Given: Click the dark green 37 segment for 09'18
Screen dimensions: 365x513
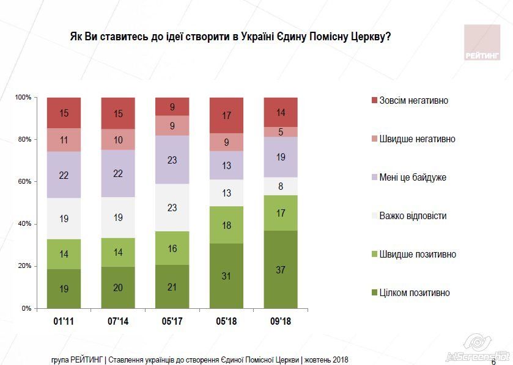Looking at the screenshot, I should click(x=281, y=269).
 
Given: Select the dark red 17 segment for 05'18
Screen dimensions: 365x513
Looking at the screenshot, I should click(x=226, y=115).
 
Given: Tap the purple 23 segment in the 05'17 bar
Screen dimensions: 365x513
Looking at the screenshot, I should click(x=172, y=159).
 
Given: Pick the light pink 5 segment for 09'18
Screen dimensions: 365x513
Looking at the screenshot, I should click(x=281, y=132).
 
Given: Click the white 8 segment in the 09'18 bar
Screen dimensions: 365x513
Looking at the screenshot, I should click(x=281, y=186).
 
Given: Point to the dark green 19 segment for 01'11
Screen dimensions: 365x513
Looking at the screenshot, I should click(x=64, y=289).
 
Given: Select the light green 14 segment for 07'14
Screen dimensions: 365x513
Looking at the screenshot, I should click(x=118, y=252).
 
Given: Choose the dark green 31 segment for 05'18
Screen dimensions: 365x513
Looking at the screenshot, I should click(x=226, y=276).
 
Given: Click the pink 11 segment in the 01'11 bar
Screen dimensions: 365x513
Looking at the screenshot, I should click(x=64, y=140).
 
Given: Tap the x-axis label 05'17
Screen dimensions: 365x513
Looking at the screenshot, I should click(x=172, y=320).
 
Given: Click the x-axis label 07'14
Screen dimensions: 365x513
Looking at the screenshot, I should click(x=118, y=320).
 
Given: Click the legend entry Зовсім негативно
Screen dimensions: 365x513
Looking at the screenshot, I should click(x=413, y=101).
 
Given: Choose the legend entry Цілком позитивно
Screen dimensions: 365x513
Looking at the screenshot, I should click(x=414, y=293).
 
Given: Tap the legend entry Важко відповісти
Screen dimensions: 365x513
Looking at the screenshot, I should click(x=413, y=216).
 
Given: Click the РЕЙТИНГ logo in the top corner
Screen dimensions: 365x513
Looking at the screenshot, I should click(x=481, y=43).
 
